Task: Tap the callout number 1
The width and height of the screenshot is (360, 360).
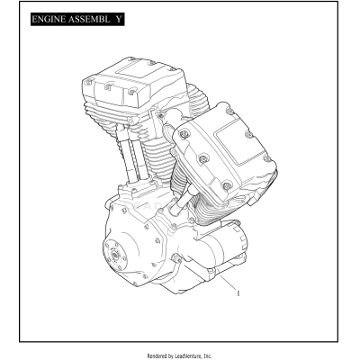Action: (x=236, y=292)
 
